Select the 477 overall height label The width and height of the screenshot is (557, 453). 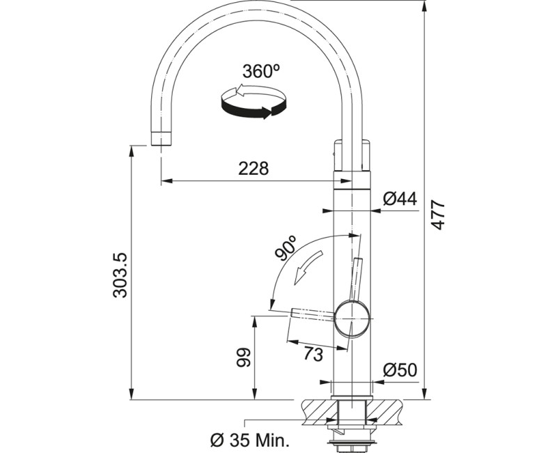click(437, 215)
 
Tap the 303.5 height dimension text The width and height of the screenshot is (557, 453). click(120, 275)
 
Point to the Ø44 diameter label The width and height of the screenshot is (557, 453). click(400, 199)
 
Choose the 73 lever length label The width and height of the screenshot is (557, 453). click(313, 354)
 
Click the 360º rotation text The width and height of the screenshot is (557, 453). click(261, 72)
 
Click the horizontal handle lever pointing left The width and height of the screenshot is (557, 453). click(313, 313)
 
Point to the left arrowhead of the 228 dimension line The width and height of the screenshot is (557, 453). click(166, 182)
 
